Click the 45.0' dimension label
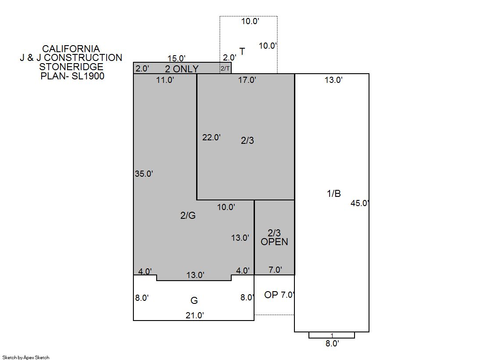[360, 203]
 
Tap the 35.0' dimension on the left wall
[144, 174]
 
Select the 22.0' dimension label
[211, 137]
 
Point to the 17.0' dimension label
[247, 80]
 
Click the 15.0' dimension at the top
[176, 59]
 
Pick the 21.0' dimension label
[195, 315]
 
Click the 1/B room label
[334, 193]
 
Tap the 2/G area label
[188, 215]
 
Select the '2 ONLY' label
[182, 69]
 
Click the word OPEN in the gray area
[274, 242]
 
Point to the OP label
[271, 295]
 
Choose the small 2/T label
[225, 68]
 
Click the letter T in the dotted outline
[242, 51]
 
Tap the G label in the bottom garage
[194, 300]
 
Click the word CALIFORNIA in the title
[71, 49]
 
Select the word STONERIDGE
[71, 67]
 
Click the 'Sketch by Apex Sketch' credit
[26, 357]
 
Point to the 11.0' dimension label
[165, 80]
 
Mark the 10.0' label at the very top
[250, 21]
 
